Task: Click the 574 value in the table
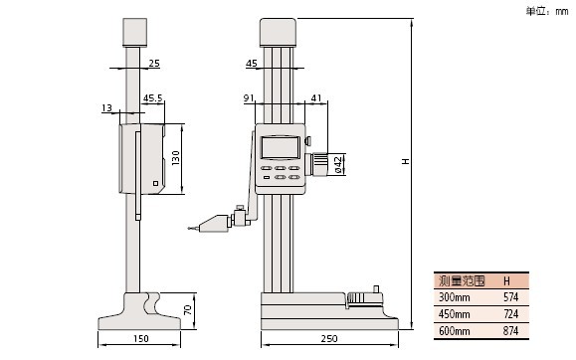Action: pos(510,296)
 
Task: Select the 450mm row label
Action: pos(455,314)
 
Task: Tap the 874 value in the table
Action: pos(510,331)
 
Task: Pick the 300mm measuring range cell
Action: pos(455,296)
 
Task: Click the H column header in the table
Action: pos(506,281)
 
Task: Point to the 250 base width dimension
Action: pos(328,338)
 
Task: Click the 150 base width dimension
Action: pos(140,338)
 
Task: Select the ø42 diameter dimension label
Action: pos(338,164)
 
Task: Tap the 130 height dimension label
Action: pos(176,158)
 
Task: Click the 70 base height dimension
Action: pos(188,309)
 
